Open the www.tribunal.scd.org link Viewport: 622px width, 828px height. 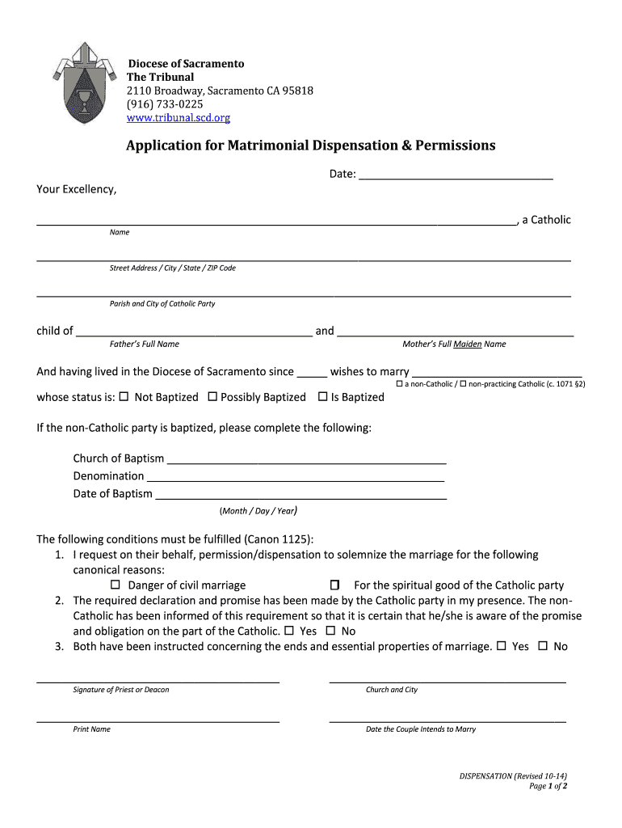point(179,118)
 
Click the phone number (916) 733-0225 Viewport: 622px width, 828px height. point(165,104)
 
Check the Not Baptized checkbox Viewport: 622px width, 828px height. point(124,397)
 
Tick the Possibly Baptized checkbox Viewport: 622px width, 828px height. point(212,397)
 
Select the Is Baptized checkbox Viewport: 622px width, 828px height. point(323,397)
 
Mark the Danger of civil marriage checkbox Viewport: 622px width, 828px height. point(115,585)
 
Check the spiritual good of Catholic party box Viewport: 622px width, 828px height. point(335,585)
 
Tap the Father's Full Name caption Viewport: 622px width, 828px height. point(145,344)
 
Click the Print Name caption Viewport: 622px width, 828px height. point(92,729)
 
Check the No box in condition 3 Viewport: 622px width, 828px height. point(543,646)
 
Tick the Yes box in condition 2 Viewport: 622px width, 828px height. point(289,631)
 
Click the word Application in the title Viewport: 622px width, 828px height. point(174,146)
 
